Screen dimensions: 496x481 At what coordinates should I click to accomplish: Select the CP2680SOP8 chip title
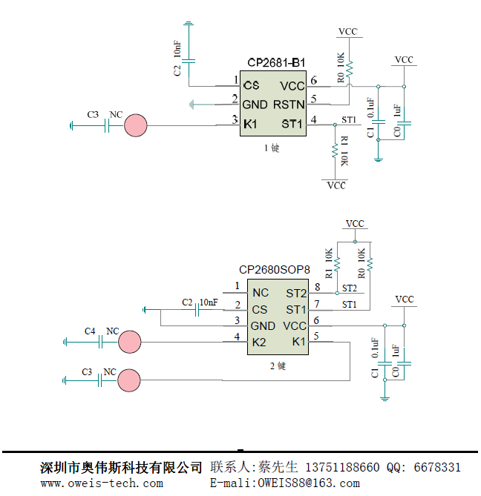(x=275, y=271)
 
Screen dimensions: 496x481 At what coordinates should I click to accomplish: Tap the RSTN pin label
(x=289, y=103)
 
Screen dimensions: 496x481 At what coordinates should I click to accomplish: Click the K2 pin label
(x=259, y=342)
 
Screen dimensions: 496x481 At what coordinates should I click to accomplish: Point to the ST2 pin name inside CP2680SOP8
(x=296, y=293)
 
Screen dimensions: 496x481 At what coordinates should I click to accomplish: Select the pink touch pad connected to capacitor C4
(x=130, y=342)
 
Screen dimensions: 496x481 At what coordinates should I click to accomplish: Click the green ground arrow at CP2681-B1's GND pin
(x=194, y=104)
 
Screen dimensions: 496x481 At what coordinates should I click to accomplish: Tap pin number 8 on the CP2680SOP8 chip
(x=318, y=287)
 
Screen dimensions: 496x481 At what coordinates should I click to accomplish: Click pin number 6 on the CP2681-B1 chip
(x=314, y=80)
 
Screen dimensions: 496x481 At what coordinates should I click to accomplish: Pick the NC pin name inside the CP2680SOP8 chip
(x=260, y=293)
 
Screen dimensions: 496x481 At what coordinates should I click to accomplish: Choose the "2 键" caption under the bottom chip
(x=278, y=366)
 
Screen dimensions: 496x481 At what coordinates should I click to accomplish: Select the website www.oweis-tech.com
(x=102, y=483)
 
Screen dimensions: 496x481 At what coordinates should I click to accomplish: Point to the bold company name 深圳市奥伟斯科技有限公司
(x=121, y=468)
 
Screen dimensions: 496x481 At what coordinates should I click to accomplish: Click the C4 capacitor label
(x=90, y=330)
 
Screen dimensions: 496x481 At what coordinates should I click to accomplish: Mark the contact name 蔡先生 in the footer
(x=278, y=468)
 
